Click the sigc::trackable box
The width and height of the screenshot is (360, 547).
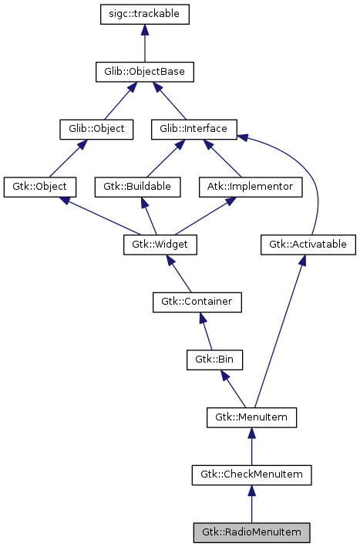(x=145, y=14)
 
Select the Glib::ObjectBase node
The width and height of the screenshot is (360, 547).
(x=145, y=72)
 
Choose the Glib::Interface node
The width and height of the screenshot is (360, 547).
(x=193, y=129)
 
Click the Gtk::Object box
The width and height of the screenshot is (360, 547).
(x=40, y=187)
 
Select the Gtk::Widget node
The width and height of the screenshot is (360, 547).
(x=160, y=245)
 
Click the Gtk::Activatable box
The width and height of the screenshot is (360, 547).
(x=308, y=245)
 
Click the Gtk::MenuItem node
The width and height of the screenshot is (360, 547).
(x=251, y=417)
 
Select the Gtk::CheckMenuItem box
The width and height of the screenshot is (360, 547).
(x=251, y=475)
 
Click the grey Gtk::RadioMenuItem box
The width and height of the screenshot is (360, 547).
(x=251, y=532)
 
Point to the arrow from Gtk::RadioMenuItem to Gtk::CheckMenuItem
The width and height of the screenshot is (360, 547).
(x=251, y=505)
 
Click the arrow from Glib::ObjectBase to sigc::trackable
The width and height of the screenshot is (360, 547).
(x=145, y=43)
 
